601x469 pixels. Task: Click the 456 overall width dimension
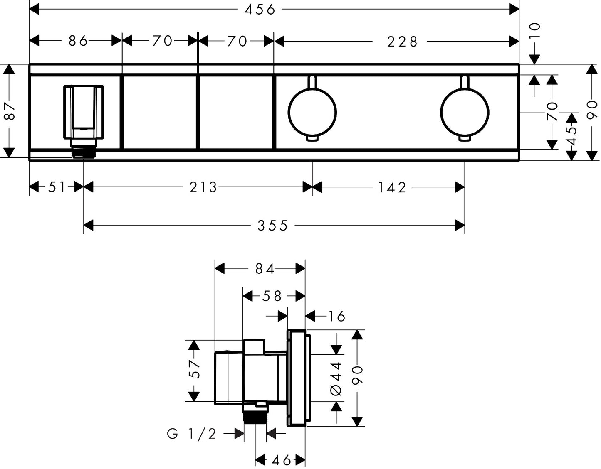[x=260, y=9]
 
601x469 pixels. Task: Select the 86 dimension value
[x=78, y=41]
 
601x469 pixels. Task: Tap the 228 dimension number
[x=402, y=42]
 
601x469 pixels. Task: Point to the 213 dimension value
[x=203, y=187]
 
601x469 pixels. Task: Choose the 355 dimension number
[x=272, y=226]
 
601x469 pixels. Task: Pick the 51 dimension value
[x=57, y=187]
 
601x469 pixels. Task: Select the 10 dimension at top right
[x=534, y=31]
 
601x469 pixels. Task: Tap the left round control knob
[x=312, y=112]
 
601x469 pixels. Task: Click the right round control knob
[x=465, y=112]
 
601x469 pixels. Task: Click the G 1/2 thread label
[x=192, y=434]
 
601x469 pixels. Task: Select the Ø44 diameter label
[x=336, y=378]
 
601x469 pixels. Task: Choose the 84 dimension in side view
[x=265, y=269]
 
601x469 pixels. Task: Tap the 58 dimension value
[x=272, y=296]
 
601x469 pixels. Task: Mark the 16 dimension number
[x=336, y=317]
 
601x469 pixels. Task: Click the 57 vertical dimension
[x=195, y=369]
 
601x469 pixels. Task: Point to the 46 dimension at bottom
[x=281, y=460]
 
